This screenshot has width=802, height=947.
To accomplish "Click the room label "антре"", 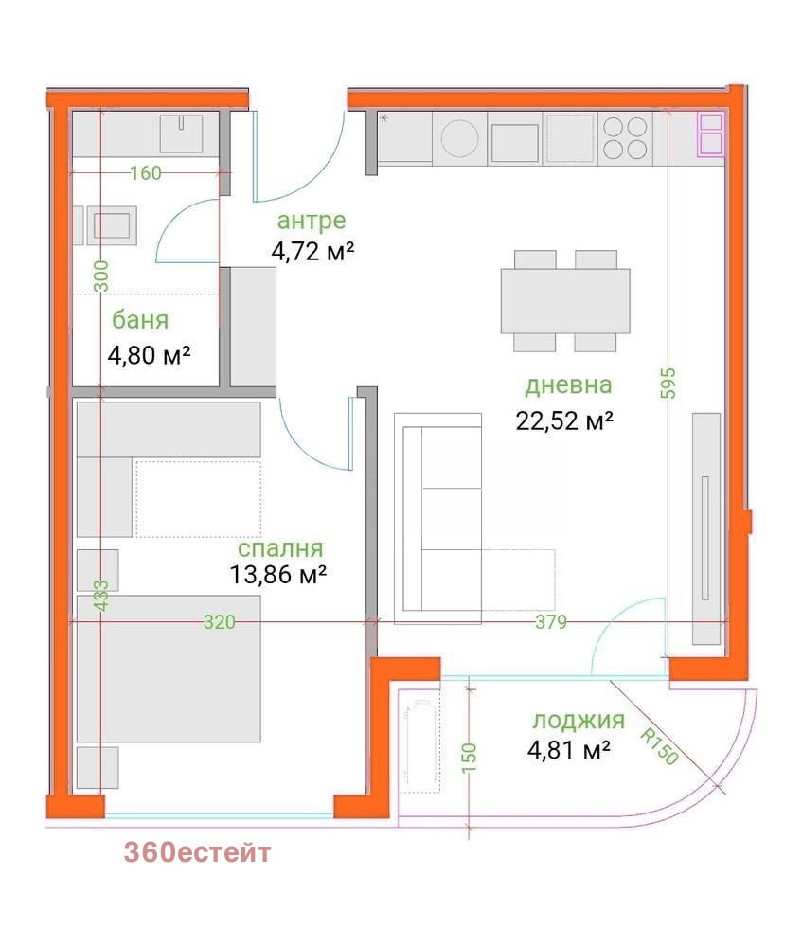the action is [x=311, y=221].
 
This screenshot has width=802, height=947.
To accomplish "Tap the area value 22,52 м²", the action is [x=564, y=420].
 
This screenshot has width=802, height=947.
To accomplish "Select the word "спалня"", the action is [x=280, y=549].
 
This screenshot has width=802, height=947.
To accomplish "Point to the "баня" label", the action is [x=140, y=320].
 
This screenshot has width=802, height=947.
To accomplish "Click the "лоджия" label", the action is [x=579, y=721].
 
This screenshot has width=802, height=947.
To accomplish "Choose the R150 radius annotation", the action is [x=659, y=746].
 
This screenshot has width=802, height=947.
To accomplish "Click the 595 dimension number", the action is [x=668, y=384].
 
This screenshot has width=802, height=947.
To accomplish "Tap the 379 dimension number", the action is [x=551, y=621].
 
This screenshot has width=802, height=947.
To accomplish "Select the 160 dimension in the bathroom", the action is [x=146, y=173].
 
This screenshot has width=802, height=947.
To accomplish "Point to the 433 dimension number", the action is [x=101, y=596].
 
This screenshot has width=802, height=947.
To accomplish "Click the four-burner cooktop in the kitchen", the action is [x=626, y=137].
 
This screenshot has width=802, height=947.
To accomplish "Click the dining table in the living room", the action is [x=565, y=301].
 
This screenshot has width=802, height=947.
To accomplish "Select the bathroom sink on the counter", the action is [x=181, y=133].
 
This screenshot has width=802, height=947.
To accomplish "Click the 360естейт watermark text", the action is [x=198, y=853].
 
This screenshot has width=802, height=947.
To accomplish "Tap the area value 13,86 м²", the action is [x=277, y=575].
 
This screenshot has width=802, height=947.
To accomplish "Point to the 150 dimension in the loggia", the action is [x=470, y=757].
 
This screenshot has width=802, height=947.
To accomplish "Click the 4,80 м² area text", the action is [x=149, y=355].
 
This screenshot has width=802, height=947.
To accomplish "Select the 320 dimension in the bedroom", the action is [x=219, y=621].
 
